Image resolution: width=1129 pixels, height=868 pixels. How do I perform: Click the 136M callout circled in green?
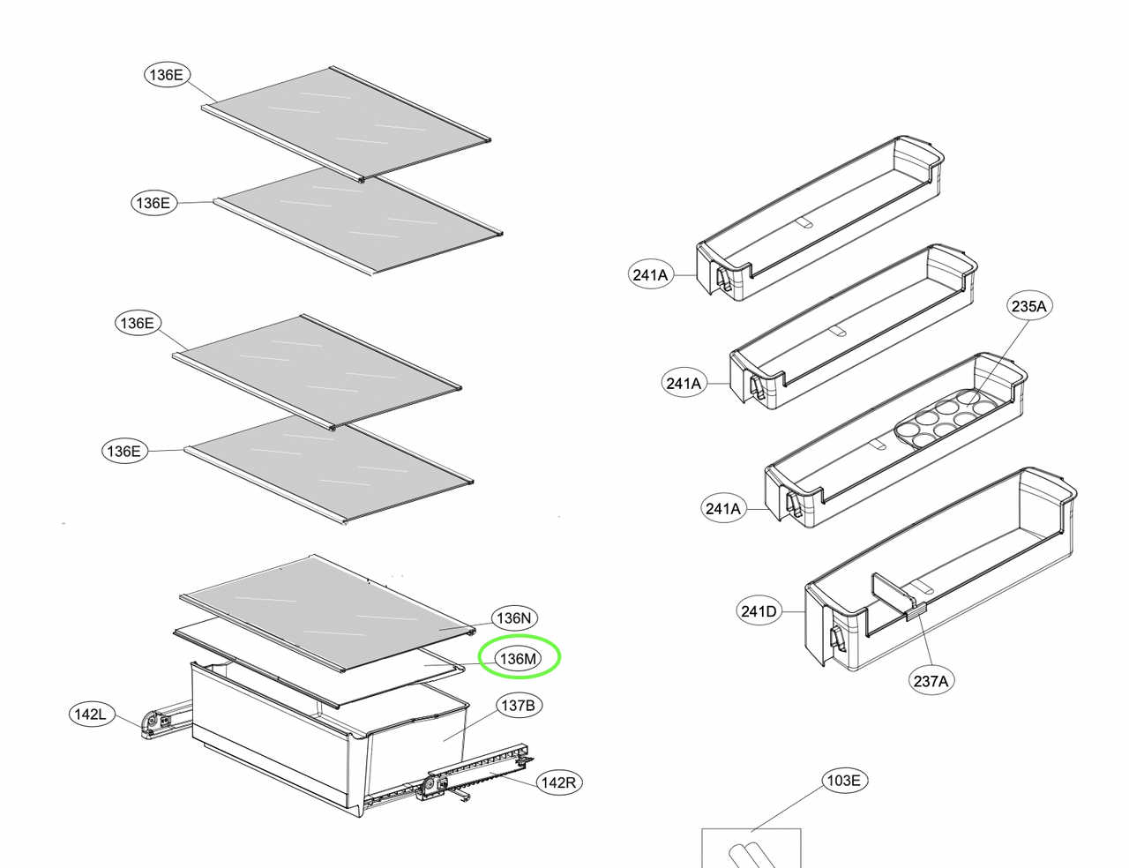point(518,659)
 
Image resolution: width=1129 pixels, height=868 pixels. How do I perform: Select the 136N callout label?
point(514,618)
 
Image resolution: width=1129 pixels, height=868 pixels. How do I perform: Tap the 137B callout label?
point(519,706)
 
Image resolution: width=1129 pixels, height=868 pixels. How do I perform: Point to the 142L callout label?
point(92,715)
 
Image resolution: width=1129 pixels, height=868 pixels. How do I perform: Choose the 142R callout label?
point(559,782)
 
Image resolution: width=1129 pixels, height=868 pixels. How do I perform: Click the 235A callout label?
point(1029,306)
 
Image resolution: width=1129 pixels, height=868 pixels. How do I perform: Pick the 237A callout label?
point(931,681)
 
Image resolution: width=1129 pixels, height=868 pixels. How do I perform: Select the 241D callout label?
point(759,611)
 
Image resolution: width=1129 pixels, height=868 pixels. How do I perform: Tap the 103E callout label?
point(844,781)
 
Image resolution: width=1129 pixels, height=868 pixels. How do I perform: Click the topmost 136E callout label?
point(167,75)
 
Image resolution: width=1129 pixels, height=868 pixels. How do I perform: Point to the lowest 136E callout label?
point(124,451)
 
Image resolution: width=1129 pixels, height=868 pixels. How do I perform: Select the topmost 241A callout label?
point(650,275)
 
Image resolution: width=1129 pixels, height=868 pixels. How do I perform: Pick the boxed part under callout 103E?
point(751,849)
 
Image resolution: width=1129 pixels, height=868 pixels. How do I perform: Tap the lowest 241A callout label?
point(723,509)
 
